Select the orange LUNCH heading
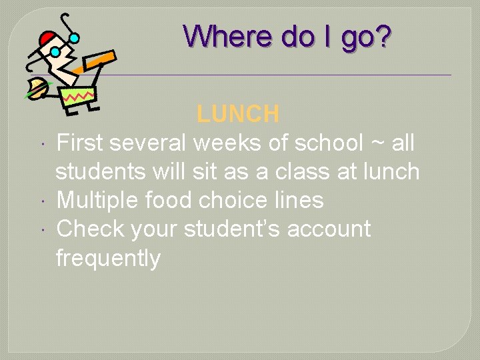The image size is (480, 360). (238, 114)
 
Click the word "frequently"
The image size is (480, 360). (108, 258)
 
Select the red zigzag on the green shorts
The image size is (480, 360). (79, 97)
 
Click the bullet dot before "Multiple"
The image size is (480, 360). (41, 201)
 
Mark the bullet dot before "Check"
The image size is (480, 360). (41, 229)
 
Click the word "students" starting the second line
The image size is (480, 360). (101, 171)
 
